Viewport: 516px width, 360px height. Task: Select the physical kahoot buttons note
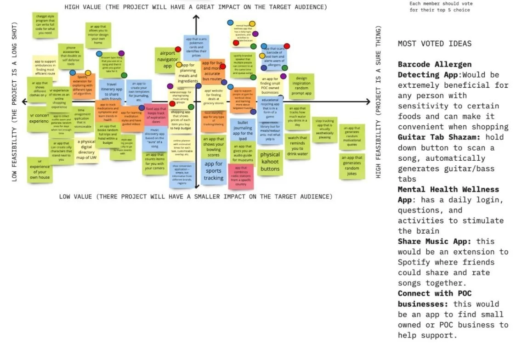coord(270,162)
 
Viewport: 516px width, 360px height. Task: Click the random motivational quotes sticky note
coord(352,136)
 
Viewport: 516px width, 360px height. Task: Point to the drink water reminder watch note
coord(297,146)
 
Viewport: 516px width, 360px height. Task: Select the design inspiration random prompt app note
coord(301,86)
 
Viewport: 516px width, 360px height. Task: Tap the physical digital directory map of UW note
coord(86,150)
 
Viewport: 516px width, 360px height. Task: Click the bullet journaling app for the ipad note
coord(243,130)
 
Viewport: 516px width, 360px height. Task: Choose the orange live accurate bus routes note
coord(212,71)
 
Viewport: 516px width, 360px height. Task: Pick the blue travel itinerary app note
coord(111,91)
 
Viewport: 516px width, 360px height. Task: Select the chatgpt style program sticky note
coord(45,24)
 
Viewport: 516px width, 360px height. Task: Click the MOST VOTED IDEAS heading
coord(434,44)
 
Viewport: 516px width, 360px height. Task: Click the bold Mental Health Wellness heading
coord(448,189)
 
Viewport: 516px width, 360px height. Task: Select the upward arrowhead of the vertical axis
coord(196,18)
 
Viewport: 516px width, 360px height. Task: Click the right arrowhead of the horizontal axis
coord(368,102)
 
